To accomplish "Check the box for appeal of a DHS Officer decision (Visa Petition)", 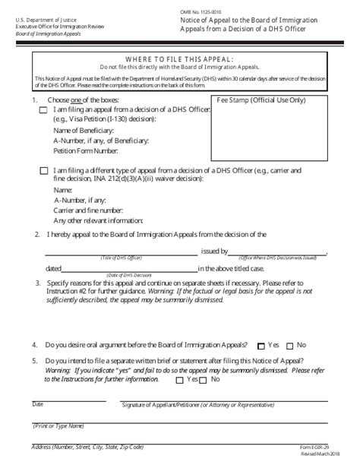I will (43, 111).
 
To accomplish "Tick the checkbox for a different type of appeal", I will (43, 172).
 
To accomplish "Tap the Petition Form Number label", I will (86, 150).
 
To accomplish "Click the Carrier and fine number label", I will (88, 209).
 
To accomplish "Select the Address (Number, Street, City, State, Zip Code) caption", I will (88, 446).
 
